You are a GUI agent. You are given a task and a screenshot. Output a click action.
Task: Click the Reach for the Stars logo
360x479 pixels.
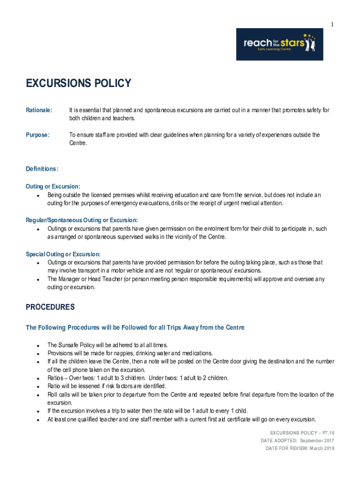point(279,44)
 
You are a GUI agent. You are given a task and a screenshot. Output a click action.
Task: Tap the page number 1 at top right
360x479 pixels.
point(332,24)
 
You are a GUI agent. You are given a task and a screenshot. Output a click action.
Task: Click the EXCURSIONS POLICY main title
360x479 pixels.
point(79,84)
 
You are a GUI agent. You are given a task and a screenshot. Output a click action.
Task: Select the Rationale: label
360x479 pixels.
point(39,110)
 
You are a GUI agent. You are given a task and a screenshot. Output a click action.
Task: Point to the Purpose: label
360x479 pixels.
point(37,135)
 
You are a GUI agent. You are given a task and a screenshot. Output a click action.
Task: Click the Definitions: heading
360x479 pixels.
point(42,169)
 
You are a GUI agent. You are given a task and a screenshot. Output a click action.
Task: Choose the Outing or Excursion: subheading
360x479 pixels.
point(53,187)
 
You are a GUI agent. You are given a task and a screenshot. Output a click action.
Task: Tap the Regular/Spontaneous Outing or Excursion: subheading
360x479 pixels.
point(82,220)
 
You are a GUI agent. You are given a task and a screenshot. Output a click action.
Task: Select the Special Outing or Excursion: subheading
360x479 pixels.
point(63,254)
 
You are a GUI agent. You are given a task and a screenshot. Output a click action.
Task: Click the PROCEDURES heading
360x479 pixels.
point(50,307)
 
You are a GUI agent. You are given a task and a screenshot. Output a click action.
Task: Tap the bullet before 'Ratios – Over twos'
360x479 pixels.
point(37,378)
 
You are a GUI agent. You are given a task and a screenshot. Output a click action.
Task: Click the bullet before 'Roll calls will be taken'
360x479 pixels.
point(37,395)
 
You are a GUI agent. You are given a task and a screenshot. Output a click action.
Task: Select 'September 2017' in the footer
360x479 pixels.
point(317,441)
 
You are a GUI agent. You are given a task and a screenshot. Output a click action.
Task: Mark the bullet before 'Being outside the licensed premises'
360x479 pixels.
point(37,195)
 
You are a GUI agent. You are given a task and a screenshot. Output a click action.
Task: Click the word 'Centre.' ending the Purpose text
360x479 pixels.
point(78,143)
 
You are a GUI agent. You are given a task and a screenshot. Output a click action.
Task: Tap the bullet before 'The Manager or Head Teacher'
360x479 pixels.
point(37,280)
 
